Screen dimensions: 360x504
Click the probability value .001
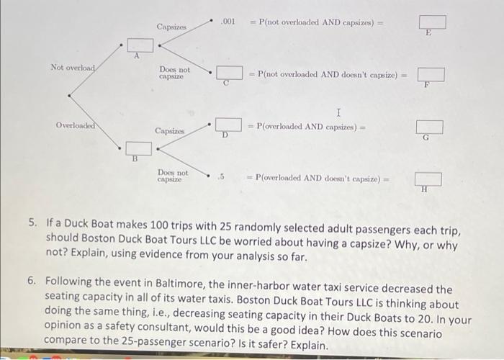(229, 21)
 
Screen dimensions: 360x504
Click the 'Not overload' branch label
(73, 68)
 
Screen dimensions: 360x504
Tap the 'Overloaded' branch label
(76, 125)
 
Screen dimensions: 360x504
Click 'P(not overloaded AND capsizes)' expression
(316, 22)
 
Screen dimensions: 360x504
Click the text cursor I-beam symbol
(338, 112)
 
